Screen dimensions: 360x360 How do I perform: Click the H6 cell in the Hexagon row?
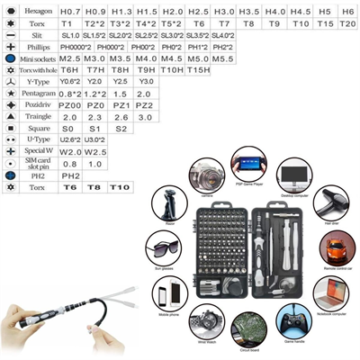(x=346, y=9)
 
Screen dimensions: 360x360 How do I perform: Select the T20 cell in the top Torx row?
(x=346, y=22)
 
